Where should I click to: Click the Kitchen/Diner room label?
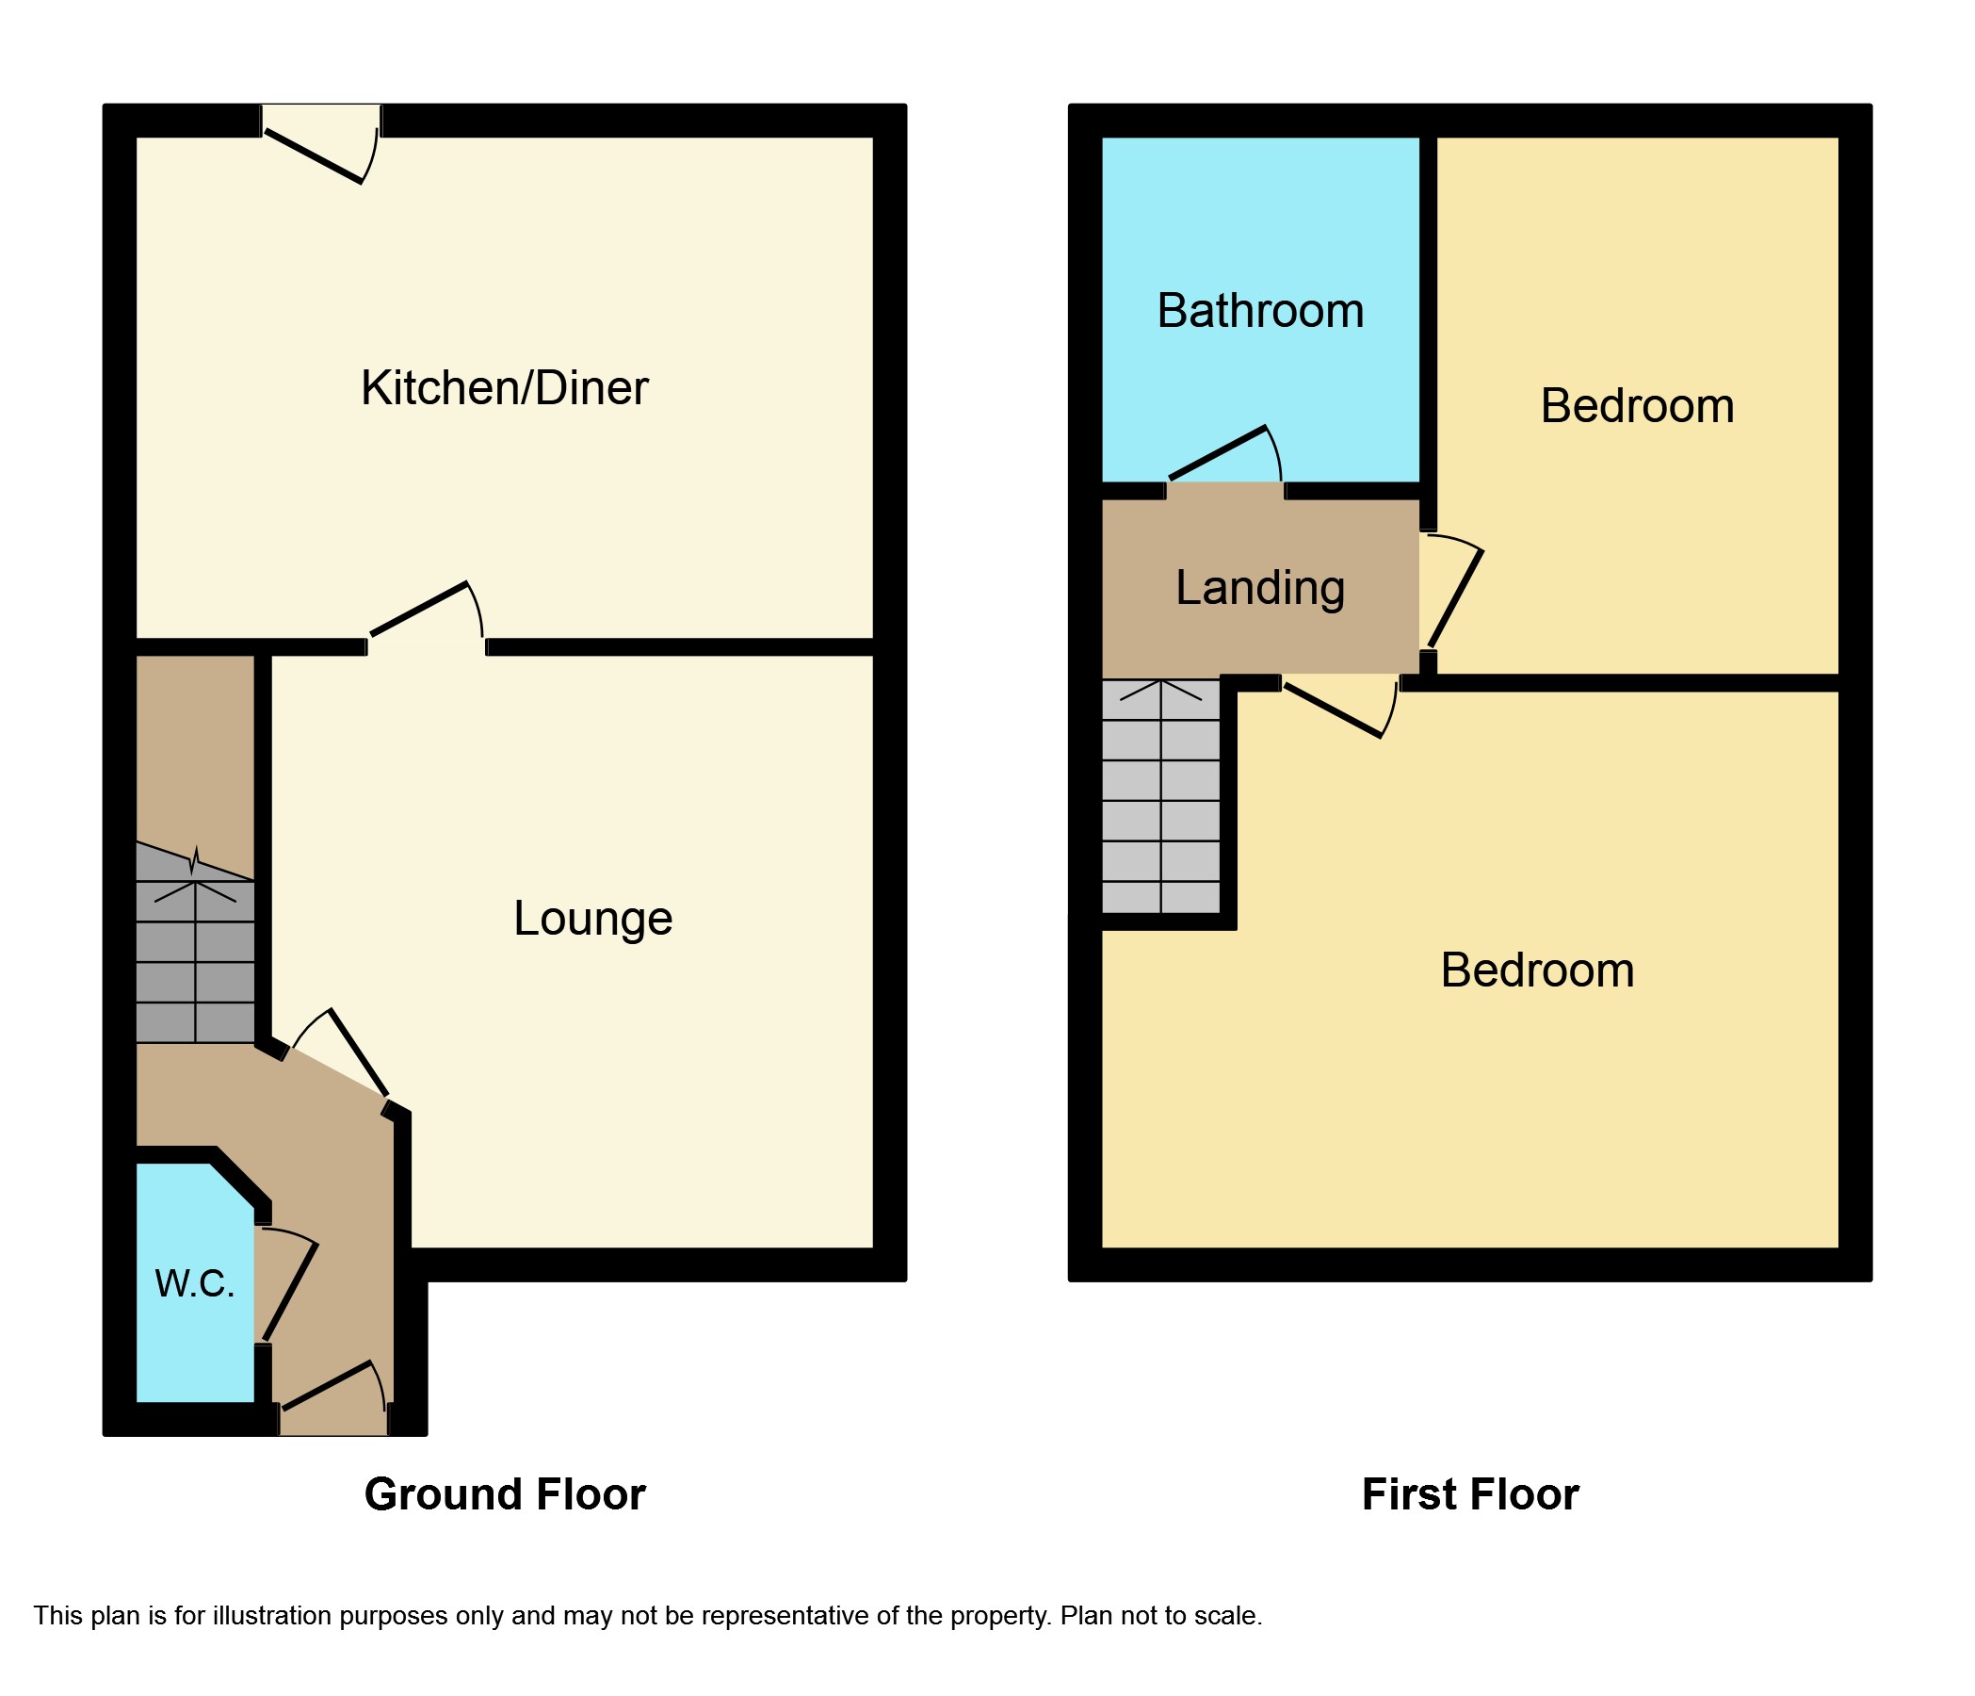[x=504, y=388]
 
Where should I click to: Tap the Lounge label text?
[x=593, y=918]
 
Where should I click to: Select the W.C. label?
[x=194, y=1283]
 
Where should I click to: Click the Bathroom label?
[x=1260, y=311]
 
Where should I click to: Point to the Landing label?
[x=1260, y=587]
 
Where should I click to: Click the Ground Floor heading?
[x=504, y=1493]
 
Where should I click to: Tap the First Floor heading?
[x=1470, y=1493]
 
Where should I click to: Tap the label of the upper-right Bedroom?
[x=1637, y=406]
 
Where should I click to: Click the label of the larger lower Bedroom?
[x=1536, y=970]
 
